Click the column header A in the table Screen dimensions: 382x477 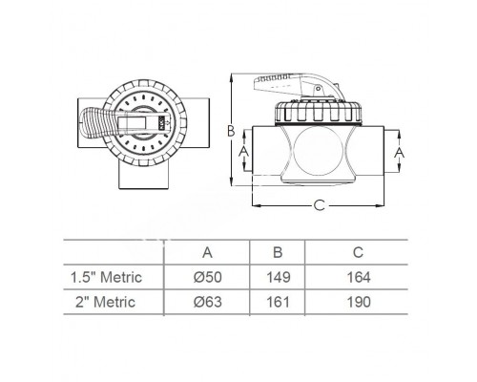tap(207, 254)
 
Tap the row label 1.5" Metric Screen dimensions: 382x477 tap(108, 278)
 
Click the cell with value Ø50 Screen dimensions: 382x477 tap(207, 278)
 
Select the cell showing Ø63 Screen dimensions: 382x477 tap(207, 303)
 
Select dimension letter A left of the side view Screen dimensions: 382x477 tap(243, 151)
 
